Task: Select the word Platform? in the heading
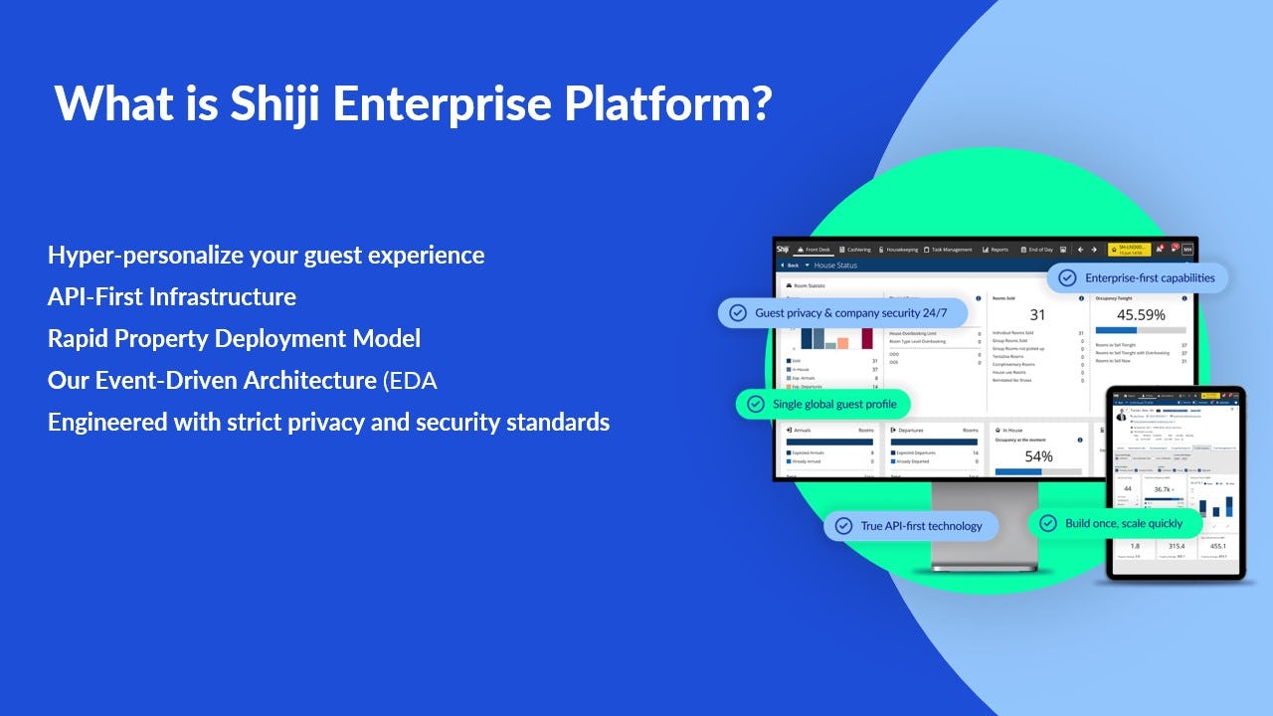pyautogui.click(x=685, y=104)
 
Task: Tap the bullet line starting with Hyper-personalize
pyautogui.click(x=266, y=256)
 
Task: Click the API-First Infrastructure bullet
pyautogui.click(x=171, y=296)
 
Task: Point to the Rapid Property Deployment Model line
pyautogui.click(x=234, y=338)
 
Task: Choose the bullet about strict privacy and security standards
pyautogui.click(x=328, y=423)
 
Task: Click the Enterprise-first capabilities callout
pyautogui.click(x=1138, y=278)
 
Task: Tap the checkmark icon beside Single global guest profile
pyautogui.click(x=756, y=404)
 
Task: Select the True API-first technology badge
pyautogui.click(x=910, y=526)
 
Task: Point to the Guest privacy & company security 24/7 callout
pyautogui.click(x=842, y=312)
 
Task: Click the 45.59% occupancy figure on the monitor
pyautogui.click(x=1140, y=314)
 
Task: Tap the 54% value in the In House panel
pyautogui.click(x=1038, y=456)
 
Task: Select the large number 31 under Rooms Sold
pyautogui.click(x=1036, y=315)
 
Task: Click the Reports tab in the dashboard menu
pyautogui.click(x=995, y=250)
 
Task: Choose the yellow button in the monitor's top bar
pyautogui.click(x=1129, y=249)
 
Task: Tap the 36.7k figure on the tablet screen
pyautogui.click(x=1162, y=489)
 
